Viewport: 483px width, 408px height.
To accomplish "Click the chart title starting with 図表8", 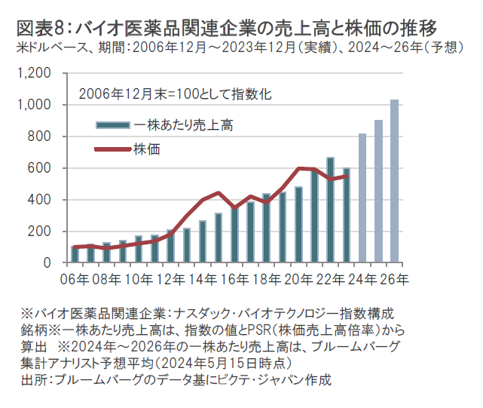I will coord(226,29).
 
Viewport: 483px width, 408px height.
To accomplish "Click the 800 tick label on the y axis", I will coord(41,137).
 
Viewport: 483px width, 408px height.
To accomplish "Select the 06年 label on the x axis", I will coord(74,279).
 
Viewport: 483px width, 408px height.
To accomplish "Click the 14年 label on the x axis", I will coord(203,279).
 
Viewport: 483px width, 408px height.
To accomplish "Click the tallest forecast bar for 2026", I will coord(394,181).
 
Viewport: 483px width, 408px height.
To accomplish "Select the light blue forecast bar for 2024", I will coord(362,198).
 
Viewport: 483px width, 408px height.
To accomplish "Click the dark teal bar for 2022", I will coord(330,210).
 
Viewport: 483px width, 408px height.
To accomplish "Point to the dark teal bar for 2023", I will coord(347,216).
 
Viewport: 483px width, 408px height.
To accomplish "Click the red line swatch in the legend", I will coord(113,149).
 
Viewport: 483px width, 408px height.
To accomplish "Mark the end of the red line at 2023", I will coord(347,176).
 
